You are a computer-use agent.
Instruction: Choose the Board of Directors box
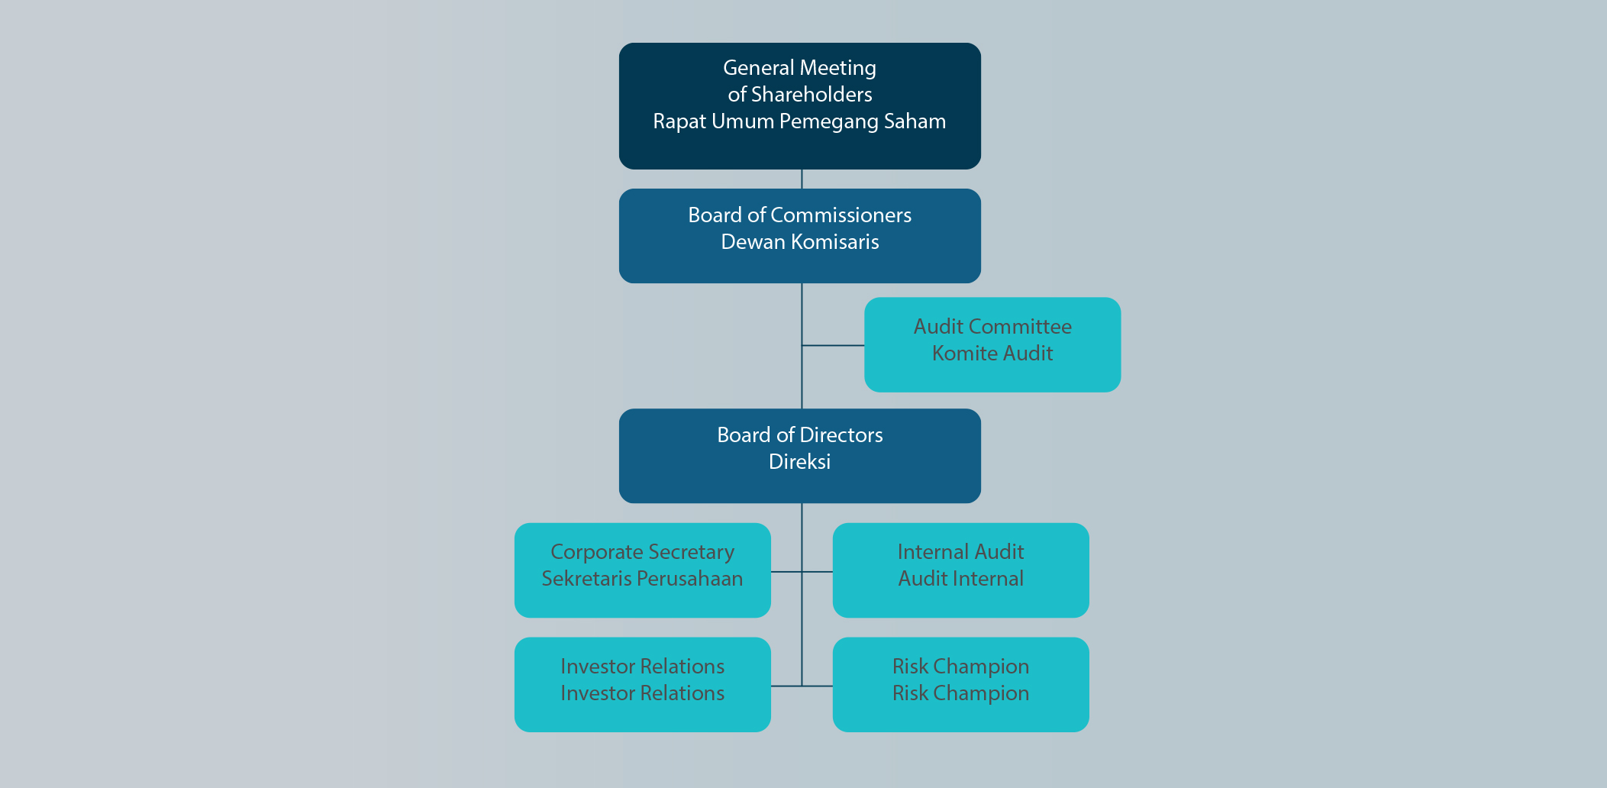pyautogui.click(x=799, y=486)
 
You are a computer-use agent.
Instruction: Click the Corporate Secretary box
pyautogui.click(x=642, y=603)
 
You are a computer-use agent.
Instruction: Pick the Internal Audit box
pyautogui.click(x=960, y=603)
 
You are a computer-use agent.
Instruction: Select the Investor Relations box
pyautogui.click(x=642, y=718)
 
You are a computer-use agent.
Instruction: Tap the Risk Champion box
pyautogui.click(x=960, y=718)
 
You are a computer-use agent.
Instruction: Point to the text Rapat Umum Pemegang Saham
pyautogui.click(x=799, y=121)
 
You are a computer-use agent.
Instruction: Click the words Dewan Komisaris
pyautogui.click(x=799, y=242)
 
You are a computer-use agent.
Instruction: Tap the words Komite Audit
pyautogui.click(x=992, y=354)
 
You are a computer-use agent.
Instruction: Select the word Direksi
pyautogui.click(x=799, y=462)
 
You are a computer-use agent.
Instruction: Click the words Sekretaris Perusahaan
pyautogui.click(x=642, y=579)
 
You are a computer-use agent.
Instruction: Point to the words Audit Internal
pyautogui.click(x=960, y=579)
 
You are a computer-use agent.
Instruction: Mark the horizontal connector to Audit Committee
pyautogui.click(x=833, y=345)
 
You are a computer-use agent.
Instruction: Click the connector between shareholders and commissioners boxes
pyautogui.click(x=802, y=179)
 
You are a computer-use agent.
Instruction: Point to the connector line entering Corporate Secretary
pyautogui.click(x=786, y=571)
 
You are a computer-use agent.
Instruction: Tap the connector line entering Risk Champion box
pyautogui.click(x=818, y=686)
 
